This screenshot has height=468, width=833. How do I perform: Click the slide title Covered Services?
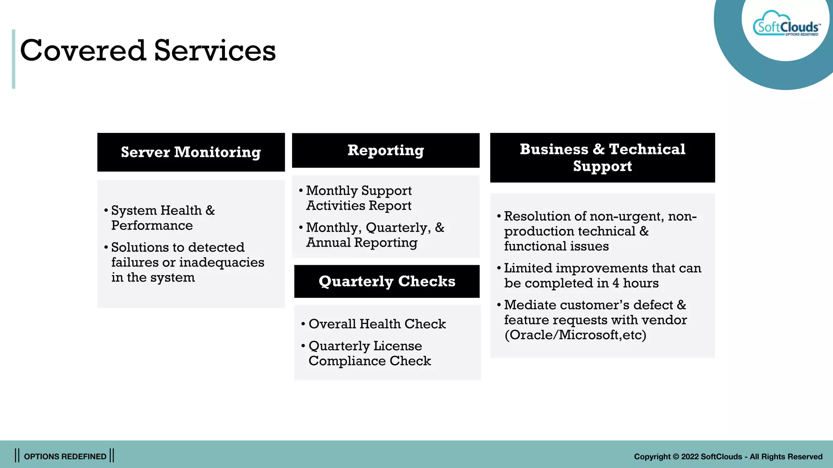(148, 50)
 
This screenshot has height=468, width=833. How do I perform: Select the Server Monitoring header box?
(191, 152)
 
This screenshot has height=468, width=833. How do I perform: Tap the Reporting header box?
(386, 150)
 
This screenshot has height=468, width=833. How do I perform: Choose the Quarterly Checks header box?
(387, 281)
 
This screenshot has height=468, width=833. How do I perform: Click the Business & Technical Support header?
(602, 158)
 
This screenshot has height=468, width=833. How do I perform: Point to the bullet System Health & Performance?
(163, 218)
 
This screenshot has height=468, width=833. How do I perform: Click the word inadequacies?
(222, 262)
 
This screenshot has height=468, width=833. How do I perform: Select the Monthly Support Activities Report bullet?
(359, 198)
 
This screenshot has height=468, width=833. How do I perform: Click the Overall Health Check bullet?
(377, 324)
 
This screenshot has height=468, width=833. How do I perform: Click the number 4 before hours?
(616, 283)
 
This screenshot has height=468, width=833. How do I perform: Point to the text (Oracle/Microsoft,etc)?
(575, 335)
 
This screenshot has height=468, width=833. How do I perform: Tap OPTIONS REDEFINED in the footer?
(65, 456)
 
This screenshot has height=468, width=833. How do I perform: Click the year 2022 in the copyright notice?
(690, 457)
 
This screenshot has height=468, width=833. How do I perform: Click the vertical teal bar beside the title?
(13, 59)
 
